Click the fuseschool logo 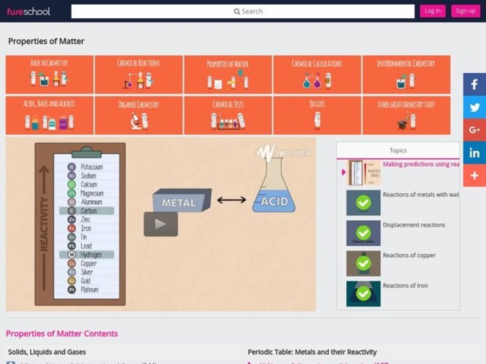[29, 11]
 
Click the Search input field [243, 11]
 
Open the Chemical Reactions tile [139, 75]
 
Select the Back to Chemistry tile [49, 75]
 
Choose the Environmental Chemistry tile [406, 75]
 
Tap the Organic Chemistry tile [139, 115]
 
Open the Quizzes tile [317, 115]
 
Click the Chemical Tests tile [228, 115]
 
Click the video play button [160, 224]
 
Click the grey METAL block [181, 201]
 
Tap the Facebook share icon [474, 85]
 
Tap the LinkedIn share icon [474, 153]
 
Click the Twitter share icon [474, 107]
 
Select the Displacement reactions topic [414, 225]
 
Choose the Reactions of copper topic [409, 255]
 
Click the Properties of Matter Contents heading [62, 334]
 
